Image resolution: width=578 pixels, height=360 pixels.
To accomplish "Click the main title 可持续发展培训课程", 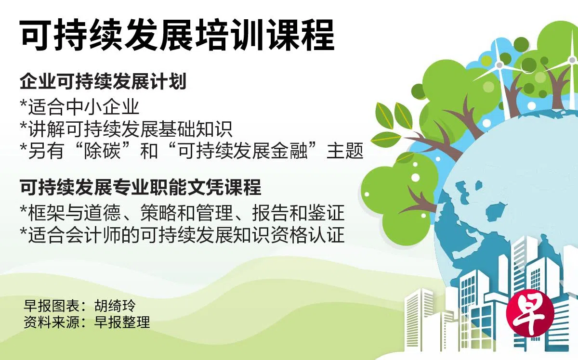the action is (177, 35).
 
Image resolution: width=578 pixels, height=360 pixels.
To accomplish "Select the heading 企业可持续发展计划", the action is (103, 81).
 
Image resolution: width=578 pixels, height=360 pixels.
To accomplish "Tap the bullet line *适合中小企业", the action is (80, 107).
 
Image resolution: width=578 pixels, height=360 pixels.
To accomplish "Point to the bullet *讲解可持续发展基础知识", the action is (126, 129).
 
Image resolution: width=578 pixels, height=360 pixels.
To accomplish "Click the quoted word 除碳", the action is (102, 151).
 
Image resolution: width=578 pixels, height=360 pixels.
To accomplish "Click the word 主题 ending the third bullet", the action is (345, 151).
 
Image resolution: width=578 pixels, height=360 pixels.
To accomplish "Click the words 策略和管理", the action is (187, 213).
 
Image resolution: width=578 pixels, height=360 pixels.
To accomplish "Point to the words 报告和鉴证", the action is (299, 213).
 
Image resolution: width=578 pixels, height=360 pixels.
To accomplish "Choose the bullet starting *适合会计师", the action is (183, 235).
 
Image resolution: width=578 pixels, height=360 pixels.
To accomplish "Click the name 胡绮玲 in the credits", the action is (115, 306).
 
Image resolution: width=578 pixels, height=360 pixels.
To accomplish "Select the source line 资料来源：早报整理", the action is (87, 322).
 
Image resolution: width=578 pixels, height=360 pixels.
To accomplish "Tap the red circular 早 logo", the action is (530, 313).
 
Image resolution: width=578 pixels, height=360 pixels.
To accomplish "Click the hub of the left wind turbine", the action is (499, 65).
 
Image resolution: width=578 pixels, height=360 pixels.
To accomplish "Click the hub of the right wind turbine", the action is (572, 60).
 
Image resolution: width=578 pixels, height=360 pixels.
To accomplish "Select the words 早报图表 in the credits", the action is (52, 306).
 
